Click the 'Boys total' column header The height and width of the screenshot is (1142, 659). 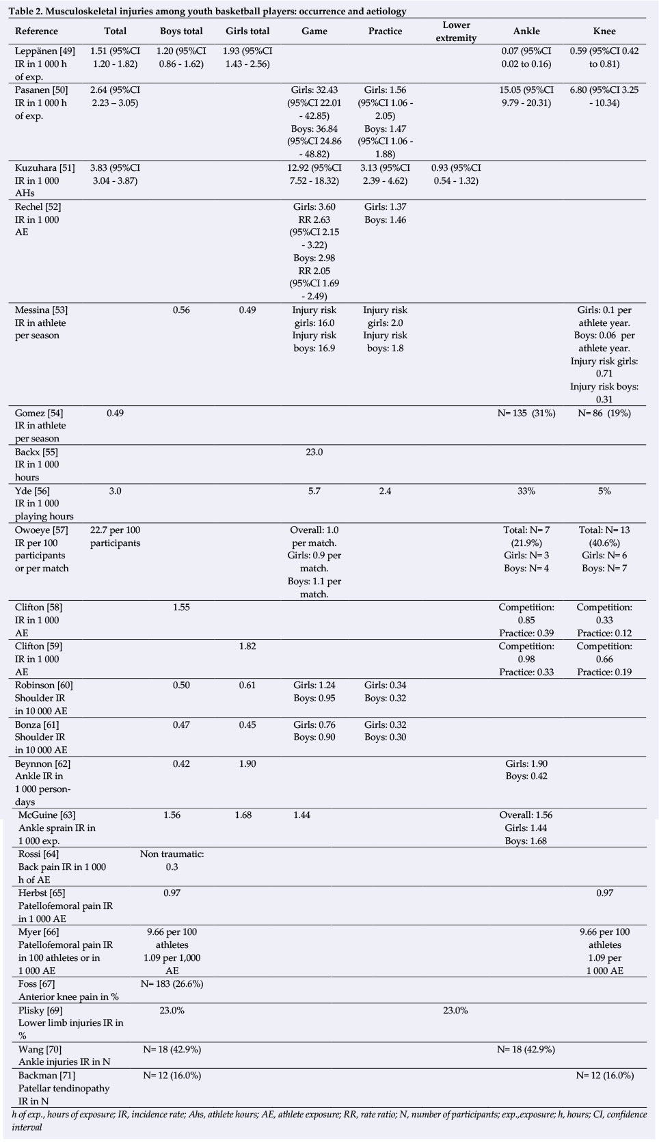point(180,31)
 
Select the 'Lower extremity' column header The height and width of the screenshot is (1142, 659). point(456,31)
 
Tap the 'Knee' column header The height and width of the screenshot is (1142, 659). point(604,31)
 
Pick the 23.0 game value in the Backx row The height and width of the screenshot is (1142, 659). point(314,452)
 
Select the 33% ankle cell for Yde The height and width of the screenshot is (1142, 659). point(526,491)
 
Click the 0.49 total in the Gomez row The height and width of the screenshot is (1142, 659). point(115,413)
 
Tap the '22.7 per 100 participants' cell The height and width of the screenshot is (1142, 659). point(115,536)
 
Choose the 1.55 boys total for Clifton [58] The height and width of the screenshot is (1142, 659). point(180,607)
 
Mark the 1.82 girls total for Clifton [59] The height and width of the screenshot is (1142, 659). point(247,646)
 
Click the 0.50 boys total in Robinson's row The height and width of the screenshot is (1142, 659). point(180,685)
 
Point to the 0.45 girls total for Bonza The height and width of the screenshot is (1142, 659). point(247,724)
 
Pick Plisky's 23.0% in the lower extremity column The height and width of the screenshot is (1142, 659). point(455,1009)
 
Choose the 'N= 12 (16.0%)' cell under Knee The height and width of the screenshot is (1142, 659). point(604,1075)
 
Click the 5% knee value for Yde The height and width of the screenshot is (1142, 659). point(604,491)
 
